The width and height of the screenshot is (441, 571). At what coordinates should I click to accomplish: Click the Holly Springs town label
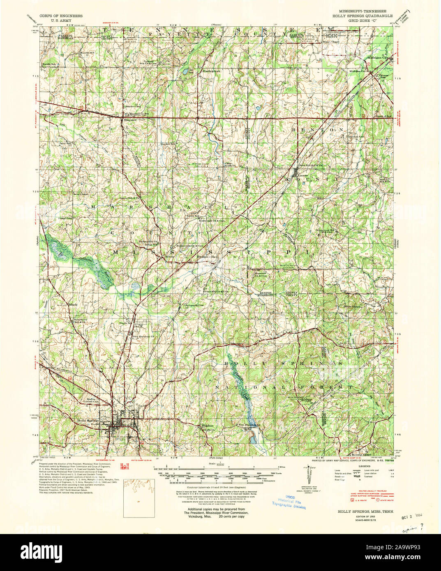click(88, 421)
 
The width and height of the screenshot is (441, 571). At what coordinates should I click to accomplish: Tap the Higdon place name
click(206, 426)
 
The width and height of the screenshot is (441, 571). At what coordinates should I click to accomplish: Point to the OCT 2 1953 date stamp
click(412, 516)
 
